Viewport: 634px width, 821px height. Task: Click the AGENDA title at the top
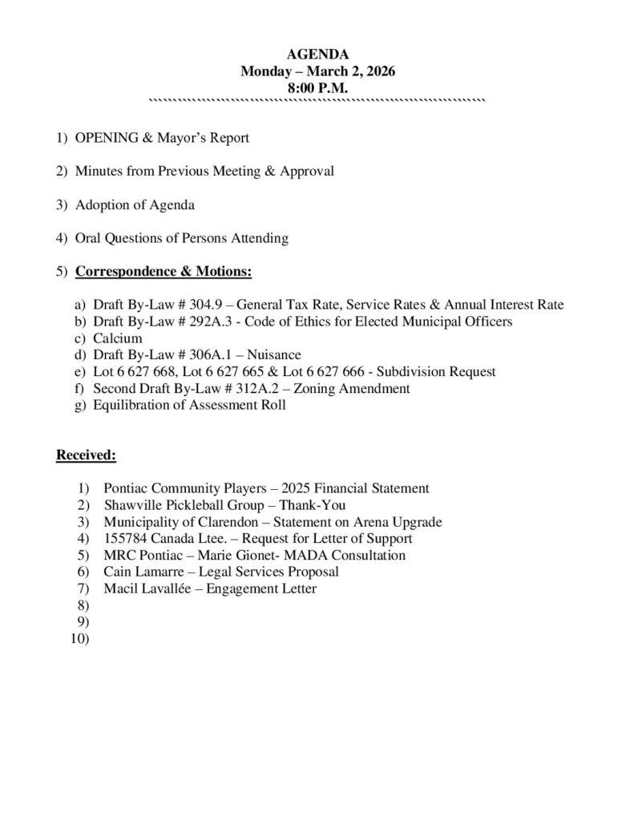pyautogui.click(x=317, y=55)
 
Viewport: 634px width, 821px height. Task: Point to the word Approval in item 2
pyautogui.click(x=306, y=171)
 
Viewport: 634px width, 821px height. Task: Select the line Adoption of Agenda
pyautogui.click(x=135, y=204)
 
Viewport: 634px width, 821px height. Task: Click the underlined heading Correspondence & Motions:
pyautogui.click(x=164, y=272)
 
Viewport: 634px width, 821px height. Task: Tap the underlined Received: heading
pyautogui.click(x=87, y=456)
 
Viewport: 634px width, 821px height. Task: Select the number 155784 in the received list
pyautogui.click(x=124, y=538)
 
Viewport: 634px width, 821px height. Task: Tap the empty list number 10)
pyautogui.click(x=80, y=639)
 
